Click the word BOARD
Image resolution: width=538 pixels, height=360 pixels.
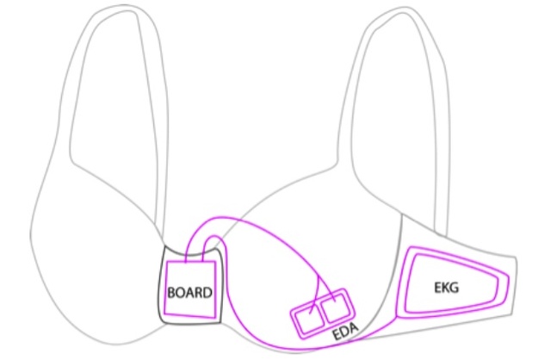tap(189, 293)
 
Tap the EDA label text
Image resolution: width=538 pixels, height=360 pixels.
tap(345, 331)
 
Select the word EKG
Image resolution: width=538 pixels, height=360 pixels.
tap(446, 288)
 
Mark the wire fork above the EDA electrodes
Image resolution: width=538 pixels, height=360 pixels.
tap(318, 276)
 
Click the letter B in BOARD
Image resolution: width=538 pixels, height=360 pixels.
tap(171, 293)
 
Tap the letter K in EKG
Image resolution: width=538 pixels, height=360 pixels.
tap(447, 288)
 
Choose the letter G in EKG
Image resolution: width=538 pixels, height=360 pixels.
tap(455, 288)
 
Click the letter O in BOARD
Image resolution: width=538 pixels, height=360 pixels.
tap(180, 293)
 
